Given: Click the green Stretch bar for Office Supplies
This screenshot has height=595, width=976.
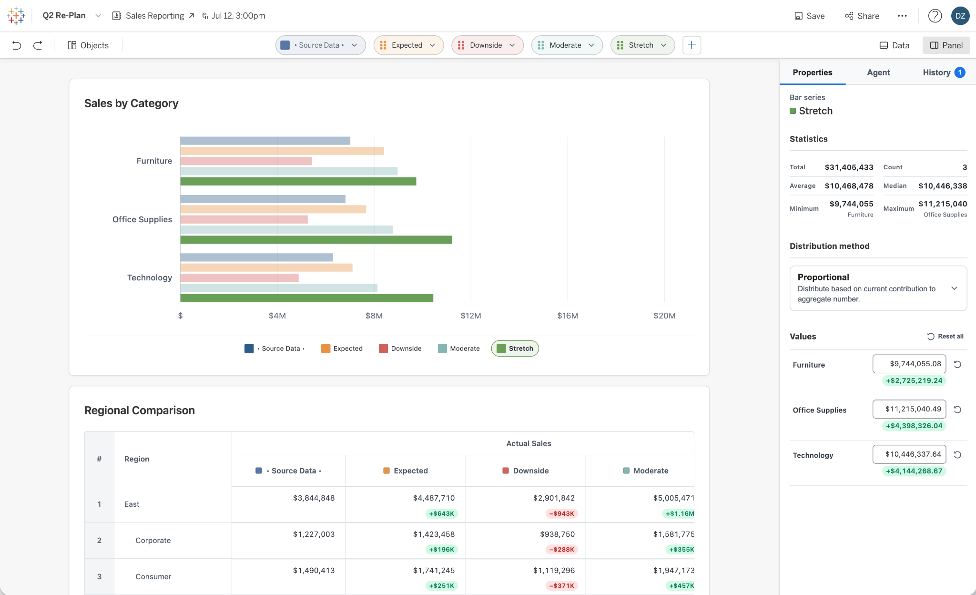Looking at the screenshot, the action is pos(316,240).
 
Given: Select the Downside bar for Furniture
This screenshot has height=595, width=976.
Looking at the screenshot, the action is pos(246,161).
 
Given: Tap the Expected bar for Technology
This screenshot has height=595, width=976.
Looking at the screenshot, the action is pos(266,267).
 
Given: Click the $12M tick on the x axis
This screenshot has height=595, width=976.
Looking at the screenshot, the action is pos(471,316).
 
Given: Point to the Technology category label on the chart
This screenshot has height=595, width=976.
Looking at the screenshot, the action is pos(150,277).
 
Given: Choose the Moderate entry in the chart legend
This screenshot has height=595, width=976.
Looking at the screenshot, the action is pos(459,349).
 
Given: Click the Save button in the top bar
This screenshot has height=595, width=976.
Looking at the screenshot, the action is pos(809,16).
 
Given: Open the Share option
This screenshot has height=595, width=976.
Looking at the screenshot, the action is pos(862,16).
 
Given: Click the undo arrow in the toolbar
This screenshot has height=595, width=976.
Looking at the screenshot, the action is pos(17,45).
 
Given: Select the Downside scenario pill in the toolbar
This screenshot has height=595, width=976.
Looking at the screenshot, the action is pos(487,45).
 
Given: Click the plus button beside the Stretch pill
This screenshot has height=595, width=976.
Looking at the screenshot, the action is pos(691,45).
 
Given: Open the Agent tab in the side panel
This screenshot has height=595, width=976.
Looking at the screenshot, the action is pos(878,72).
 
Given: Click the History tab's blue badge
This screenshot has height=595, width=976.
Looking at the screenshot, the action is pos(960,72).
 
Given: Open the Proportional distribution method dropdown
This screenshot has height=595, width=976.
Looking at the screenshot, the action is pos(878,288).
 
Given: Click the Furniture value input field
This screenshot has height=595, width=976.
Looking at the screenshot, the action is pos(909,364).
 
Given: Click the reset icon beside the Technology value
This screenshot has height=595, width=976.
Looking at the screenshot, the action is pos(957,455).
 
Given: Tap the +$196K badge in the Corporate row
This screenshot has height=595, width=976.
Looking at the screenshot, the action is pos(441,549).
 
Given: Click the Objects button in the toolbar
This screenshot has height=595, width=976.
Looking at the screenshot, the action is pos(88,45).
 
